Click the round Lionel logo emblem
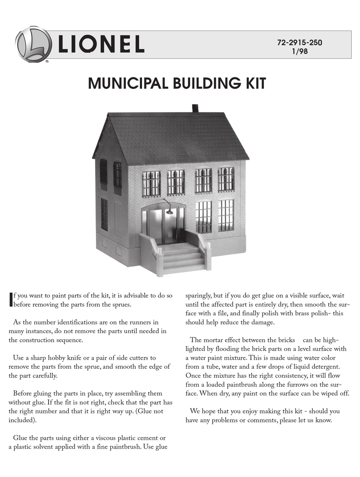point(33,44)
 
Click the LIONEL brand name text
point(101,44)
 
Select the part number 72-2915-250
point(299,43)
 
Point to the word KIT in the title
point(254,84)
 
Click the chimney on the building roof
point(196,108)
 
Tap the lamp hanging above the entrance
point(169,211)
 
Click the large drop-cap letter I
point(11,299)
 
